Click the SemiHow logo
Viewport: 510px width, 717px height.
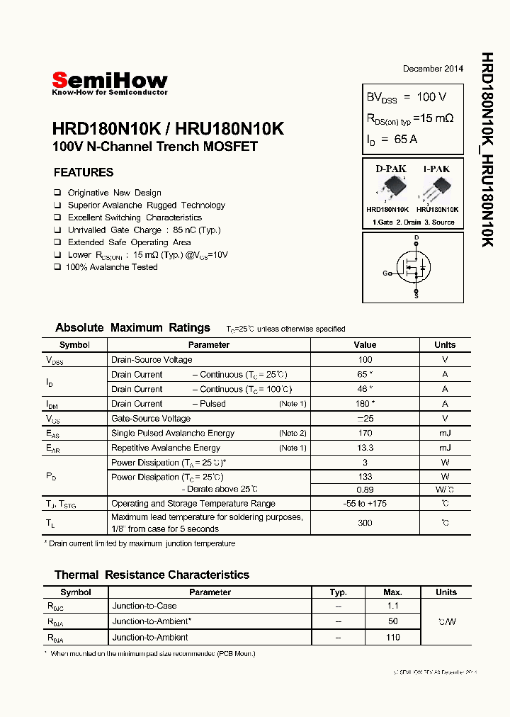click(x=110, y=83)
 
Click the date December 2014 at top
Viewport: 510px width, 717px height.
click(x=433, y=69)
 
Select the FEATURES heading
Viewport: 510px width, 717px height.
click(x=84, y=172)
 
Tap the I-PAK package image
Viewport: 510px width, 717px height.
click(x=436, y=189)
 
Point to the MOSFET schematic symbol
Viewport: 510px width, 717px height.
click(x=414, y=268)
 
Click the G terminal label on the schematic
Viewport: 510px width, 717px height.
click(x=385, y=273)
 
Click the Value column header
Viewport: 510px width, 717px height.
click(x=365, y=345)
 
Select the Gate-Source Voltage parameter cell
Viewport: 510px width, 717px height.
click(x=152, y=419)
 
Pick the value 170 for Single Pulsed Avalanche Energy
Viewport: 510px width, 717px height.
click(x=365, y=433)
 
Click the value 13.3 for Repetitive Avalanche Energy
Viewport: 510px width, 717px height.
click(x=365, y=448)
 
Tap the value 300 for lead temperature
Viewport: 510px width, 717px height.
click(x=365, y=523)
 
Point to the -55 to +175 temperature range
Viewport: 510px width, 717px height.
click(x=365, y=504)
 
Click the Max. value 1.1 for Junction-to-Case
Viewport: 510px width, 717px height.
click(x=393, y=606)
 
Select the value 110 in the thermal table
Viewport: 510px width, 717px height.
click(x=393, y=638)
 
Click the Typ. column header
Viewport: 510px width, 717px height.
click(x=339, y=592)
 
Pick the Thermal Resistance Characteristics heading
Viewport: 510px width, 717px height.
click(x=152, y=575)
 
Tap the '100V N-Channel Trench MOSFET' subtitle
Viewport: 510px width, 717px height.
click(x=155, y=147)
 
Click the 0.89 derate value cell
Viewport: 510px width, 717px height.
click(x=365, y=490)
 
